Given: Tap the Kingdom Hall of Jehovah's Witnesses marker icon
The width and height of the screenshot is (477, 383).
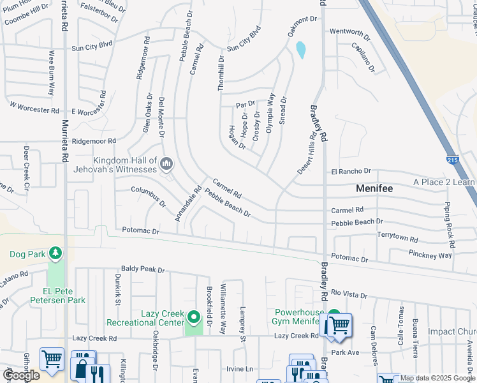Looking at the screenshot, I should [x=166, y=165].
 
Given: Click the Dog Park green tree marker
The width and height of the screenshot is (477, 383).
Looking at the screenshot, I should [x=56, y=254].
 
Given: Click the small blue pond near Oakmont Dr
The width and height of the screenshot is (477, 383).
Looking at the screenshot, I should [x=300, y=49].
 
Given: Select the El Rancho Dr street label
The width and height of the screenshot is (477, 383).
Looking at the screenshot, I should [x=350, y=172].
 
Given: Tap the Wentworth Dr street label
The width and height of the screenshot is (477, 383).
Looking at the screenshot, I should [x=349, y=32].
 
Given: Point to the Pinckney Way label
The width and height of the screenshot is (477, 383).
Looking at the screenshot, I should [x=430, y=255].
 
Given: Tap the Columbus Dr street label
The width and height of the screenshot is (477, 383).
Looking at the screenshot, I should [x=149, y=197].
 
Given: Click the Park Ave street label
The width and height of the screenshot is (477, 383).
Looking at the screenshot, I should [x=346, y=352].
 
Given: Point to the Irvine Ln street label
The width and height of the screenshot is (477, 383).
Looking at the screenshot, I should [x=240, y=369].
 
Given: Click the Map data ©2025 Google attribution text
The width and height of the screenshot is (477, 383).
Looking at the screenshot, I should [x=437, y=378].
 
